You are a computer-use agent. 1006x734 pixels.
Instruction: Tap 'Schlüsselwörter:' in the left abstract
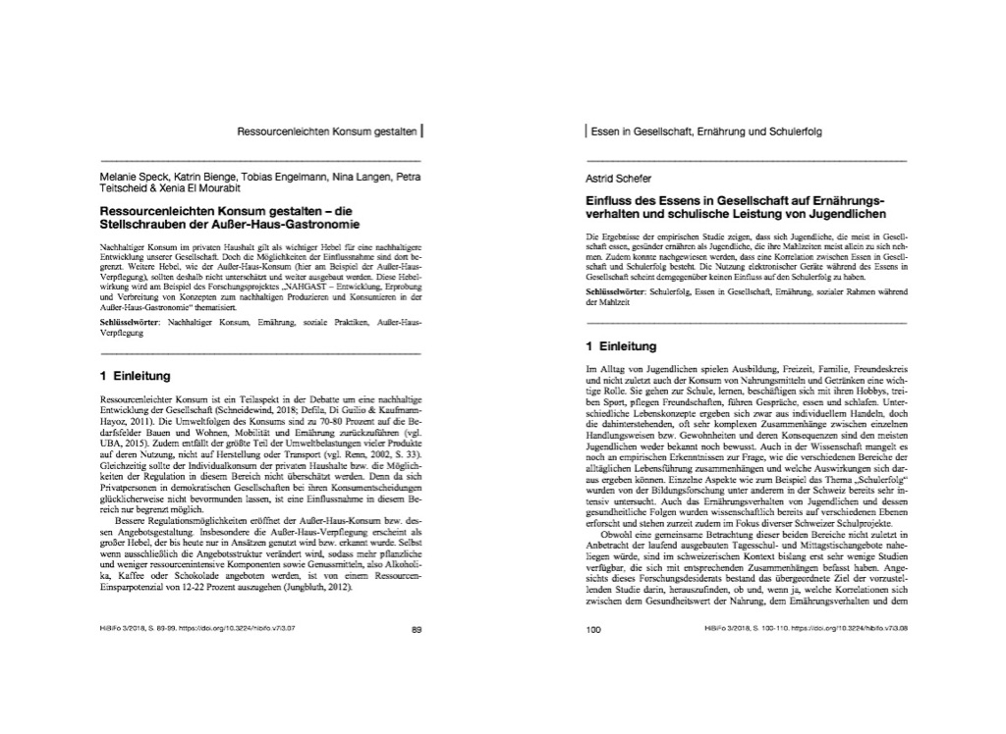point(132,322)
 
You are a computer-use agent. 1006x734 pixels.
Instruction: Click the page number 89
point(416,629)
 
